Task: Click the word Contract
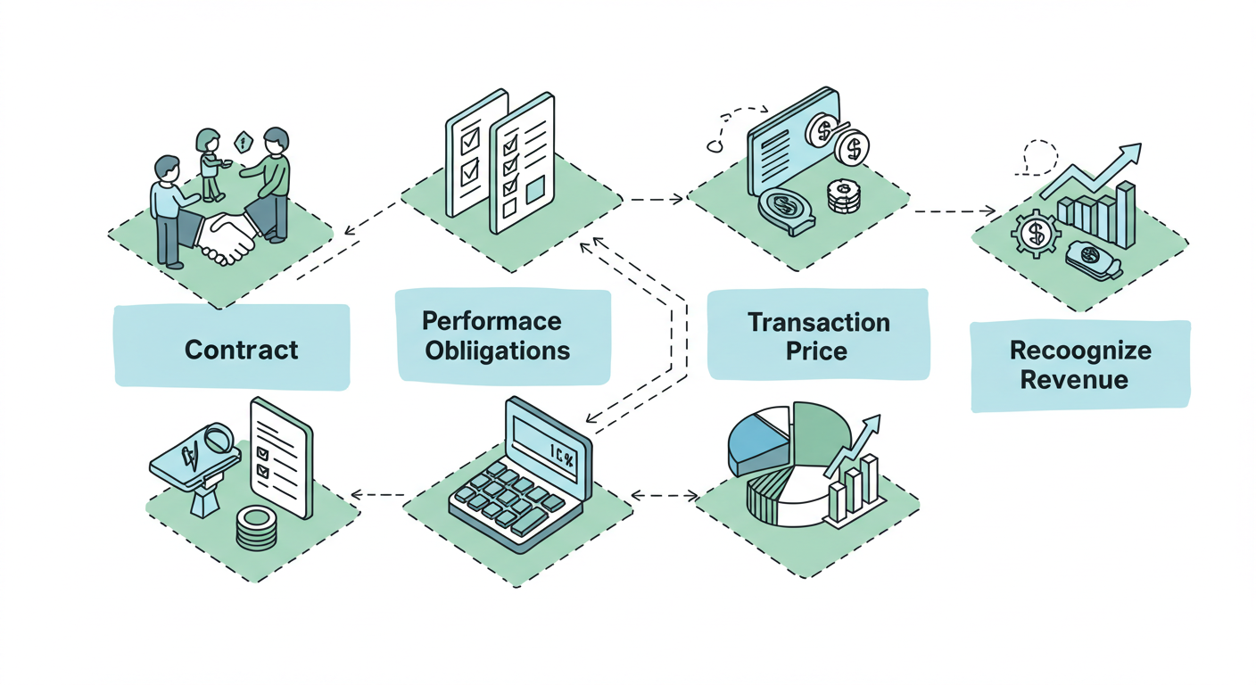(x=241, y=349)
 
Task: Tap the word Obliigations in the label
(x=497, y=350)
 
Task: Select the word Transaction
(x=818, y=322)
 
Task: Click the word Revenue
(x=1073, y=379)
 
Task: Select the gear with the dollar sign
(x=1036, y=235)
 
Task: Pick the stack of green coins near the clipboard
(x=256, y=528)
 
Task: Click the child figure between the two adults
(x=210, y=162)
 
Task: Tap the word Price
(x=816, y=351)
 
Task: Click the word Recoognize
(x=1079, y=350)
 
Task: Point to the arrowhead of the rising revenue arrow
(x=1130, y=153)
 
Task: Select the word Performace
(x=492, y=320)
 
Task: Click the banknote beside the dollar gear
(x=1092, y=259)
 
